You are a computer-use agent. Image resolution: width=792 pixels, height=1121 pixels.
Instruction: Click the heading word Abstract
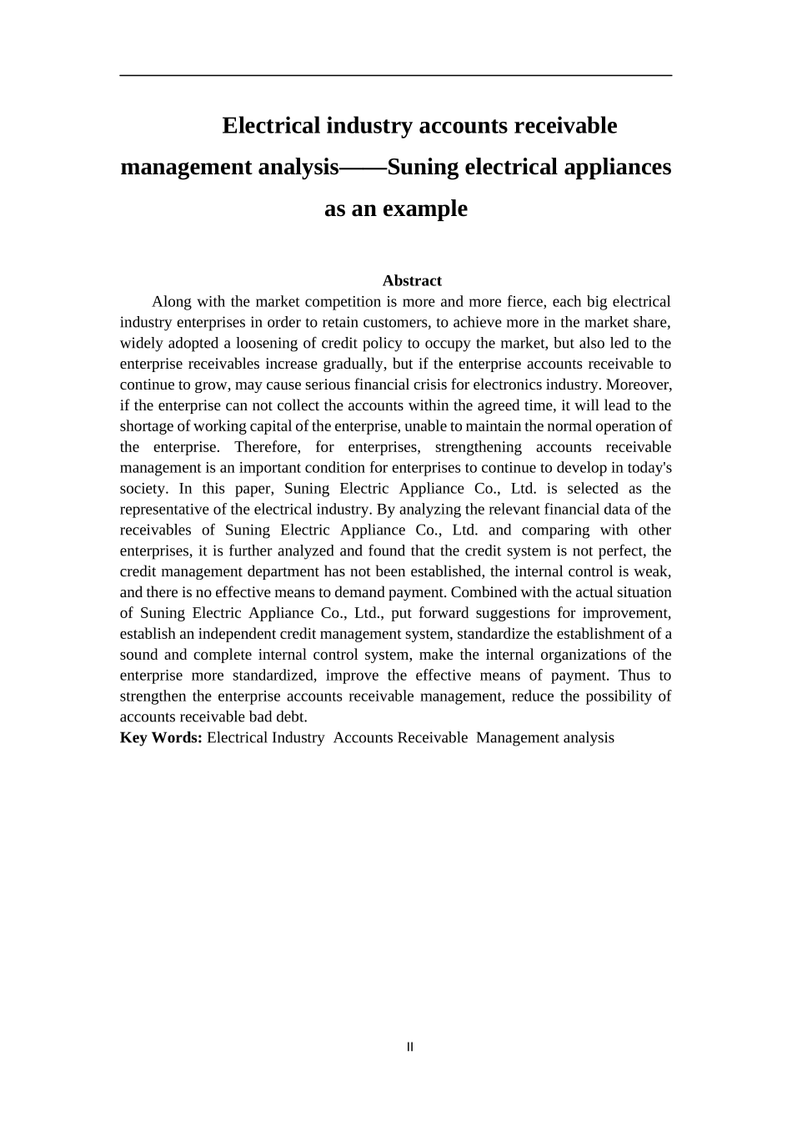[x=412, y=281]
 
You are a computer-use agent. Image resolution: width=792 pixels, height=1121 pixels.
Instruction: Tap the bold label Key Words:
[x=161, y=737]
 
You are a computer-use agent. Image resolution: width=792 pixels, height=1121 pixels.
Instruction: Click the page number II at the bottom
[x=409, y=1047]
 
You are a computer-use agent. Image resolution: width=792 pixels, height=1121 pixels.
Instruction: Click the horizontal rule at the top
[x=395, y=76]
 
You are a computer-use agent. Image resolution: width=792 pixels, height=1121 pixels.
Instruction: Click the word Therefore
[x=266, y=447]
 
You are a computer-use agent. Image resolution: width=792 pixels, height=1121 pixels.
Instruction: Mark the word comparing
[x=555, y=530]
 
